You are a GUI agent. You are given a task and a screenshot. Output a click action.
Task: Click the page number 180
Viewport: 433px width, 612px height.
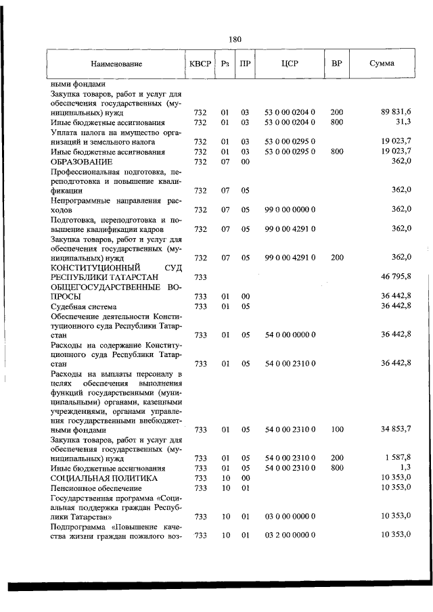point(235,39)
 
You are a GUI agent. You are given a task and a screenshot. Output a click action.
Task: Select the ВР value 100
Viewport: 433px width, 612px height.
point(337,429)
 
